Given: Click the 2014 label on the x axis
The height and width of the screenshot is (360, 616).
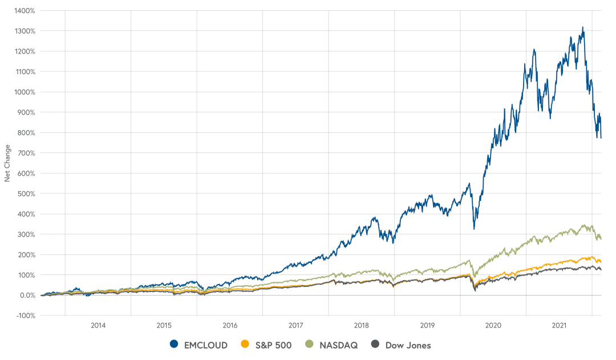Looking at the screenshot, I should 98,325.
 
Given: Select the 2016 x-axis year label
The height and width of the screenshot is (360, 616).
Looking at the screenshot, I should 230,325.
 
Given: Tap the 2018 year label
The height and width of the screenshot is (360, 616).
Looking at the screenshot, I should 362,325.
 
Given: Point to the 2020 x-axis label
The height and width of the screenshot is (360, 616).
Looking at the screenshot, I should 493,325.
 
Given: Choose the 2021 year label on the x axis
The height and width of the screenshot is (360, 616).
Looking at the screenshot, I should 559,325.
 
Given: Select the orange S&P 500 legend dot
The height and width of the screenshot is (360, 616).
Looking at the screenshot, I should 245,344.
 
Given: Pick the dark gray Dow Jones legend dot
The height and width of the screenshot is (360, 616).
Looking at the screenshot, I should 375,344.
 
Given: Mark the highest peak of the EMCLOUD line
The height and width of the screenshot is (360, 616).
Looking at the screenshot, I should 582,27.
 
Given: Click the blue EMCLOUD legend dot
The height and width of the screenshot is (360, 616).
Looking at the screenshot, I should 175,344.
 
